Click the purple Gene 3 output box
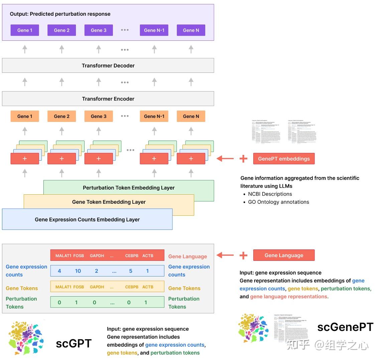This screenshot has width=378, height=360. (99, 30)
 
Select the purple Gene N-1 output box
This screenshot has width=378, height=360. (154, 30)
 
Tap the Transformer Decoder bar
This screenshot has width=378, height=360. (108, 66)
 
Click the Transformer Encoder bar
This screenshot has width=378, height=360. (108, 99)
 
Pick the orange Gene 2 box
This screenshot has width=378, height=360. (62, 116)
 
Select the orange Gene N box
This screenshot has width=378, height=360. (191, 116)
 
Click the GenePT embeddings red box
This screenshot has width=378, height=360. (284, 159)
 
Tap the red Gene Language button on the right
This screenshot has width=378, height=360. (284, 255)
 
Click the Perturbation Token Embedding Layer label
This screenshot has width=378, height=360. (129, 188)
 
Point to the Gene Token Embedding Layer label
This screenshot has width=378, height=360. (109, 202)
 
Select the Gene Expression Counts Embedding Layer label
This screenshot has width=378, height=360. (87, 220)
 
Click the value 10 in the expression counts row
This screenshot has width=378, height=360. (78, 271)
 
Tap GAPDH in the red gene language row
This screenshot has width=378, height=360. (97, 256)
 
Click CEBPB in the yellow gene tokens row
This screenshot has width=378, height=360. (132, 287)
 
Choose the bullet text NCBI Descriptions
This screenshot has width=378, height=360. (270, 194)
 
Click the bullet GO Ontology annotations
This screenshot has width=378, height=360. (278, 202)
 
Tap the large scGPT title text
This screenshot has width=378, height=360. (74, 343)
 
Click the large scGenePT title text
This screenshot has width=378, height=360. (345, 327)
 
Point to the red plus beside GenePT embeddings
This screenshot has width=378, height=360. (243, 159)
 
